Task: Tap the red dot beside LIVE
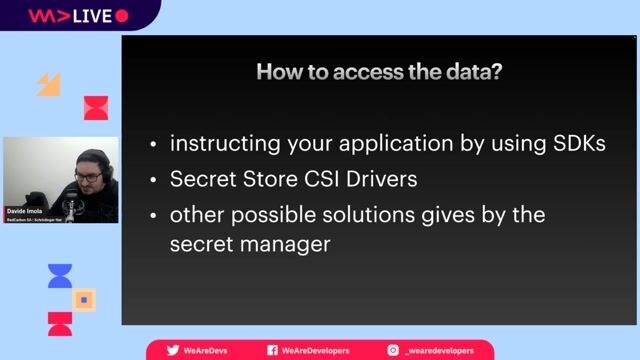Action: coord(122,16)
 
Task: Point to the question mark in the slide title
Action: coord(498,72)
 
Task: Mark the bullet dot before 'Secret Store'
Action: coord(153,181)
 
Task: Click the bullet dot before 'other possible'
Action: coord(153,216)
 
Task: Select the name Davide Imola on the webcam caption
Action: coord(27,211)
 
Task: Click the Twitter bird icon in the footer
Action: coord(173,351)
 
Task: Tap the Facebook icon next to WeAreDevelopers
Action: coord(272,351)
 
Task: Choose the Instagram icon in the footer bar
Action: coord(393,351)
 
